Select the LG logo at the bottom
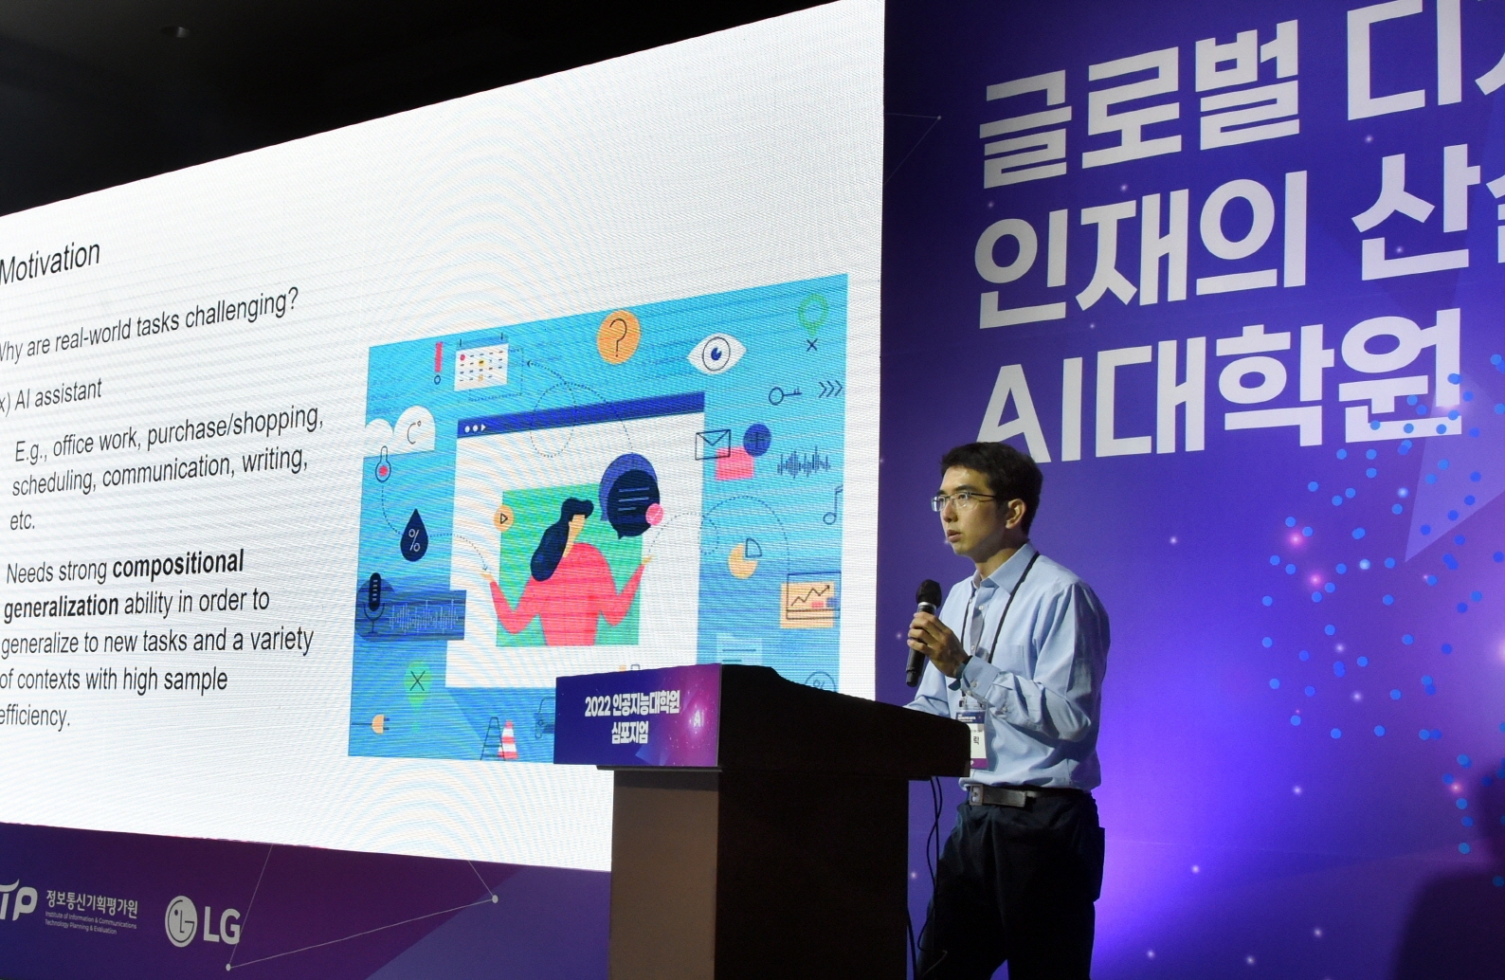pyautogui.click(x=202, y=921)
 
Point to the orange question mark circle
pyautogui.click(x=618, y=336)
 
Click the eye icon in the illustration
pyautogui.click(x=716, y=354)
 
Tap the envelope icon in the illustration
pyautogui.click(x=712, y=444)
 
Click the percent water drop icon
pyautogui.click(x=414, y=535)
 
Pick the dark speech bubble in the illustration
pyautogui.click(x=627, y=494)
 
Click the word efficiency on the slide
pyautogui.click(x=35, y=716)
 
